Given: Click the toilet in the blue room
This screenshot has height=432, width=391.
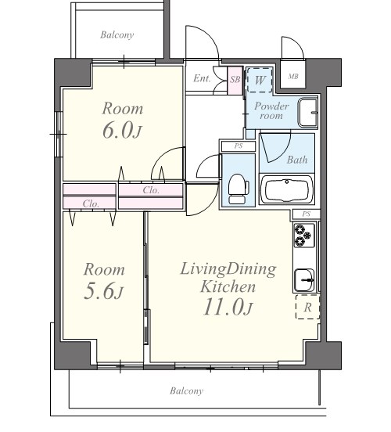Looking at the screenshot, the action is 239,189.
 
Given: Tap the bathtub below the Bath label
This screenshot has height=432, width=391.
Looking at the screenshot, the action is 287,189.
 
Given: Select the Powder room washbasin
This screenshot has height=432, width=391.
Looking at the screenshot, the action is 308,113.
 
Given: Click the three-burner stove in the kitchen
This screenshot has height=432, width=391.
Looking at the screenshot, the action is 304,236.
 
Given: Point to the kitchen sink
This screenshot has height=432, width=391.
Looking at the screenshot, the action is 304,280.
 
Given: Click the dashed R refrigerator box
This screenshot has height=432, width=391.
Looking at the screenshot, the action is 308,307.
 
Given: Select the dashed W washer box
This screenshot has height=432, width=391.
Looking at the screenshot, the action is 260,80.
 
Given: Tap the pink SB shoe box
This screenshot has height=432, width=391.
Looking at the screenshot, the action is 235,80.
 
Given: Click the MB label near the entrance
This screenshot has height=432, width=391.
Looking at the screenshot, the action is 293,77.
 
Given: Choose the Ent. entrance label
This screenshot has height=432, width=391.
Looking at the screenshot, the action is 202,78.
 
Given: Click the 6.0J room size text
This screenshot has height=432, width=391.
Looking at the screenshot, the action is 122,131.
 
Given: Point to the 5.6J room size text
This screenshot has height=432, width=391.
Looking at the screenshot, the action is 103,291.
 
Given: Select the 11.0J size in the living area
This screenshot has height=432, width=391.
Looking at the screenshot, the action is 228,308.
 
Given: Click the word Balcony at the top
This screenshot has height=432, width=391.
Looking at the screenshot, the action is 117,35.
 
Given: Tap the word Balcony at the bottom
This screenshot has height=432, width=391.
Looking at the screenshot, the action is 187,391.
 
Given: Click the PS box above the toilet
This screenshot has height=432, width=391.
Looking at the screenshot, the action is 239,146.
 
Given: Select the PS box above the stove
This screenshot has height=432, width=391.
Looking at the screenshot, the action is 307,214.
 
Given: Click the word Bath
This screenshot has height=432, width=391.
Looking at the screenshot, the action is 297,160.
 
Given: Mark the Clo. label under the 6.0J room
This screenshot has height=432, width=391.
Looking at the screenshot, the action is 151,190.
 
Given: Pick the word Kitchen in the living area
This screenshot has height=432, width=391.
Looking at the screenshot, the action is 228,286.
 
